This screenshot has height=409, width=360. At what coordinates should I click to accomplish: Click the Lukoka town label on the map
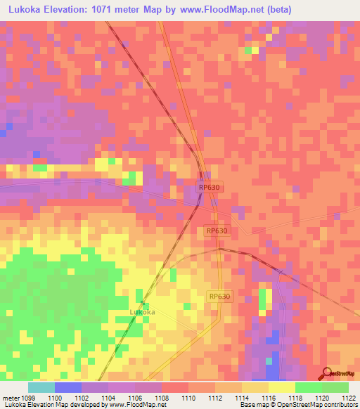click(x=143, y=311)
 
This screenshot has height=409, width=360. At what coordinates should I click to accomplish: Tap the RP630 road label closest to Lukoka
click(x=219, y=297)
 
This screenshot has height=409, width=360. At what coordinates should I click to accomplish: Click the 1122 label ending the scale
click(x=349, y=397)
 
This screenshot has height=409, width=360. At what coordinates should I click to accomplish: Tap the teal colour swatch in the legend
click(x=41, y=387)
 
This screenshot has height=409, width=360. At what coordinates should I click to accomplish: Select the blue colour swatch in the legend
click(x=68, y=387)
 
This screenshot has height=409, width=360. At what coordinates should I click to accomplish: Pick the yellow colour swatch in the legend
click(x=282, y=387)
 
